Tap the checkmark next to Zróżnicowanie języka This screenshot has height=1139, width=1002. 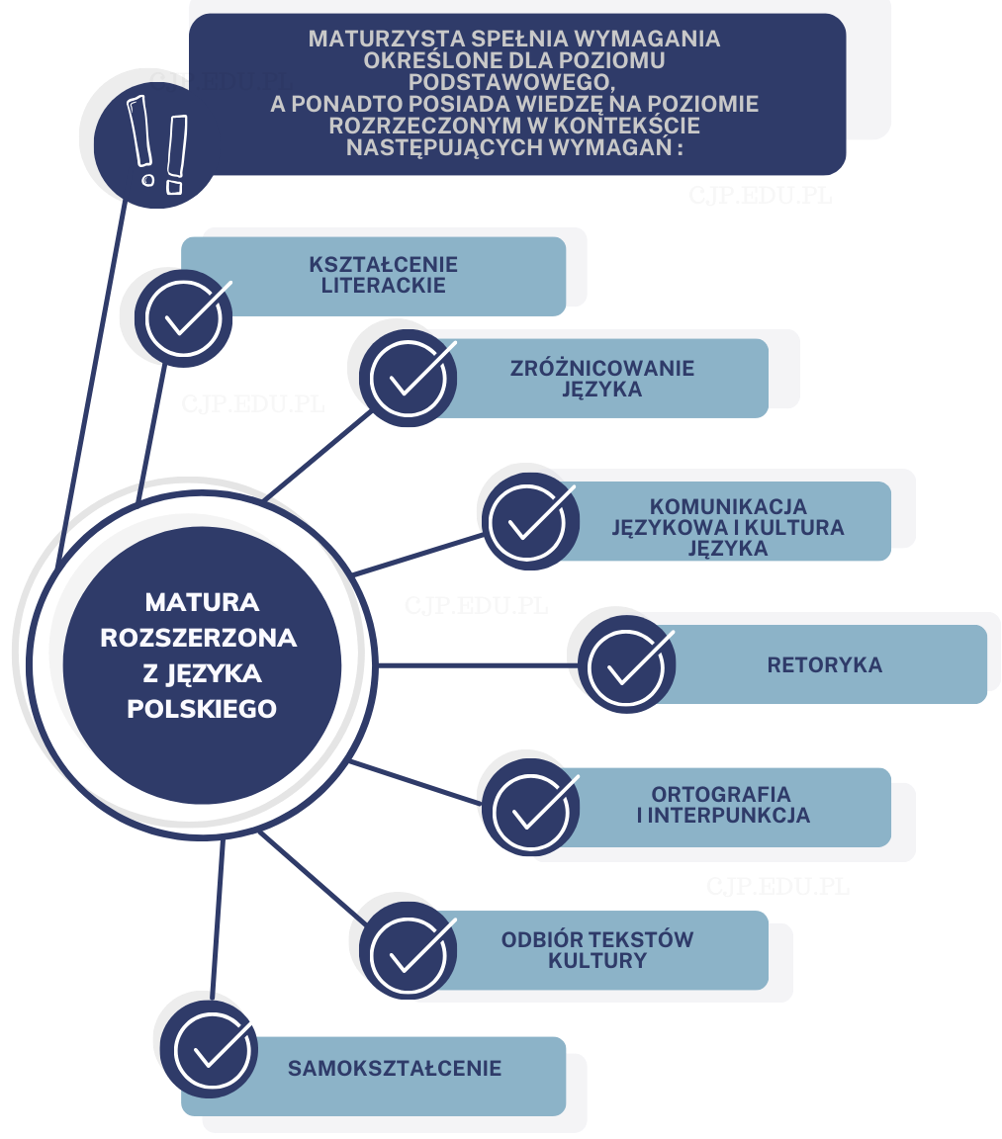[x=408, y=379]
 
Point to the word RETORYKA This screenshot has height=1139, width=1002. [x=824, y=664]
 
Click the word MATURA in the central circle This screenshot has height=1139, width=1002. [x=202, y=601]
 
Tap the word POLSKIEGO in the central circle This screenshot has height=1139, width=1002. [x=202, y=709]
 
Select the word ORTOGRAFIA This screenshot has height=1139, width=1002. [x=721, y=794]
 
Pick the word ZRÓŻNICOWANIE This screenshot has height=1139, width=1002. [x=602, y=368]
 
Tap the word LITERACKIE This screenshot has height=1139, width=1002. [x=383, y=286]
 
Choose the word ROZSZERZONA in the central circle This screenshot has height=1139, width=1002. [x=199, y=638]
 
